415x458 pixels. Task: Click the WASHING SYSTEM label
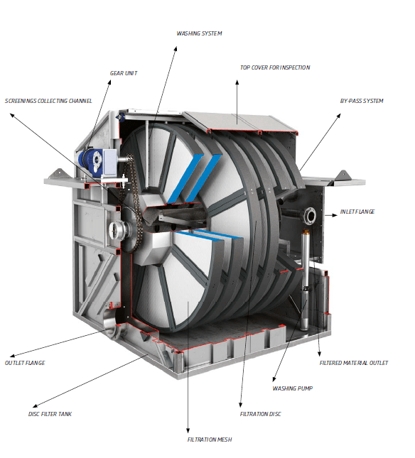click(x=199, y=33)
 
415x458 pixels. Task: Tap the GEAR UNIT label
click(x=124, y=73)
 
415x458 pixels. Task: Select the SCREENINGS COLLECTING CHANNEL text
click(x=48, y=101)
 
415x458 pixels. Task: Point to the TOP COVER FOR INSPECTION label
click(x=275, y=67)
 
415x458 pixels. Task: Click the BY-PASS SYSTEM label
click(x=362, y=101)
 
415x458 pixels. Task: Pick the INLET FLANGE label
click(x=357, y=212)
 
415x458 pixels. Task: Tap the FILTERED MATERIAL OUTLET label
click(x=354, y=363)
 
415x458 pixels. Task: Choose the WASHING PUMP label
click(x=292, y=388)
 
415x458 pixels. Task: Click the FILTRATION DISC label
click(x=260, y=414)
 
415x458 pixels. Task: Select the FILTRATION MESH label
click(x=209, y=440)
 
